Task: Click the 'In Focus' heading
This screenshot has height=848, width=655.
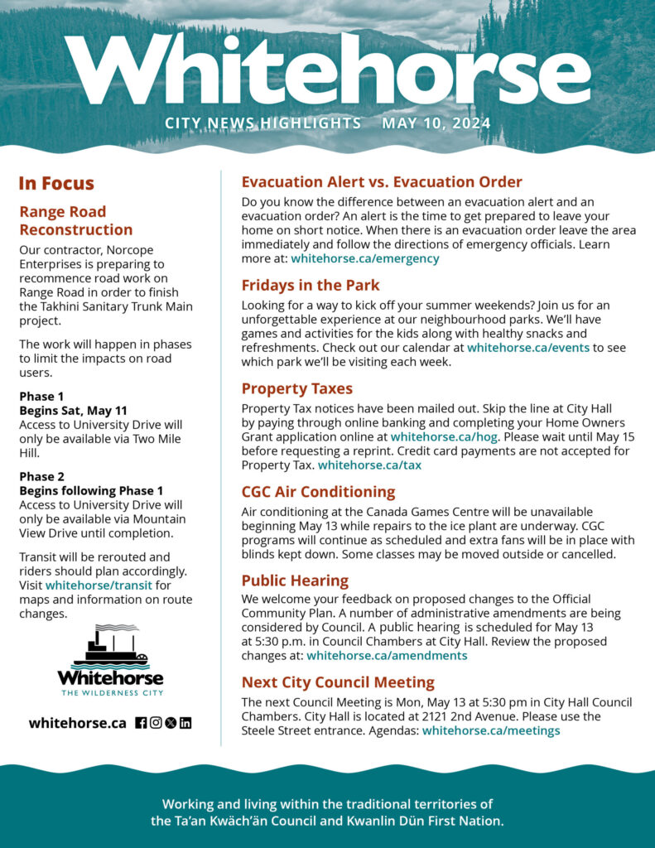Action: (x=56, y=183)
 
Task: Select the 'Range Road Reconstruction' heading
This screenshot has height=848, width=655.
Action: (x=75, y=220)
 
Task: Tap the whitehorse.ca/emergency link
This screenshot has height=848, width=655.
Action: (x=364, y=258)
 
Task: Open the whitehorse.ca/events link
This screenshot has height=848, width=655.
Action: (x=528, y=348)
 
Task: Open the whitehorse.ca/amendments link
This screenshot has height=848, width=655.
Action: (x=387, y=656)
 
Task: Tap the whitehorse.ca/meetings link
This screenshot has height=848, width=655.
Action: (x=491, y=730)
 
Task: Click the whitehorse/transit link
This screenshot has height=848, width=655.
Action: (x=99, y=585)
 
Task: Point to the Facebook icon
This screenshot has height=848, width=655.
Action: (x=141, y=722)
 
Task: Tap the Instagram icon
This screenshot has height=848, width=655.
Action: (x=156, y=722)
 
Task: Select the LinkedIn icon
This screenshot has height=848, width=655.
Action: (x=185, y=722)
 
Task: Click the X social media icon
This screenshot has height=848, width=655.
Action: (x=171, y=722)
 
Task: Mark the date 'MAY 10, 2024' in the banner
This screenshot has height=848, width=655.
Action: (x=436, y=123)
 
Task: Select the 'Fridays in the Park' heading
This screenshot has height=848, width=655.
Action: (x=310, y=286)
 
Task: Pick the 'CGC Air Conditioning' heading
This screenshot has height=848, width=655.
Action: (x=318, y=492)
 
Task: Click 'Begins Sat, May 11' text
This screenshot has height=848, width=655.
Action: (x=73, y=411)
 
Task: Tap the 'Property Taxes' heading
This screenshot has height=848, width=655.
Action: (x=296, y=389)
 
